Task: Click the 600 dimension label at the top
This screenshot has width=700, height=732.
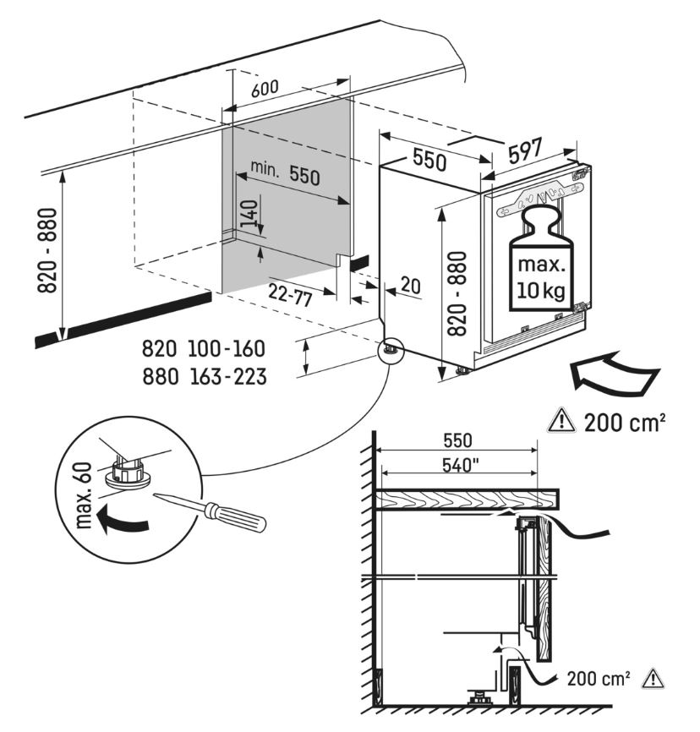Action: [x=265, y=88]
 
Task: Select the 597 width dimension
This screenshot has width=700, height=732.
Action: [x=525, y=150]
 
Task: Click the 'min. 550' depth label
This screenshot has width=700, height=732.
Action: [x=285, y=172]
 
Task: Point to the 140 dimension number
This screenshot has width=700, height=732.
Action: [x=249, y=214]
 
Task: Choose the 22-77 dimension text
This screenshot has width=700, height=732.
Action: [x=291, y=294]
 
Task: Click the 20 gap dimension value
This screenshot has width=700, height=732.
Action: [x=411, y=285]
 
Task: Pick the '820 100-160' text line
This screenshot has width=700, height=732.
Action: [x=204, y=349]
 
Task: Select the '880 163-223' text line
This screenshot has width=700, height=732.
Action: [x=205, y=376]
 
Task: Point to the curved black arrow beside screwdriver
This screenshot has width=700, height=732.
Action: [x=121, y=520]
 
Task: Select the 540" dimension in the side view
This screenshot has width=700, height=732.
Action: [x=461, y=465]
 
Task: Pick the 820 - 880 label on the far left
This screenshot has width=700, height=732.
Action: [x=47, y=250]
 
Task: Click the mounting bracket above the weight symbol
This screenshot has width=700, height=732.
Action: [x=542, y=198]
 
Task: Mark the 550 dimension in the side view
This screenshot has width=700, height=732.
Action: [x=457, y=440]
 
